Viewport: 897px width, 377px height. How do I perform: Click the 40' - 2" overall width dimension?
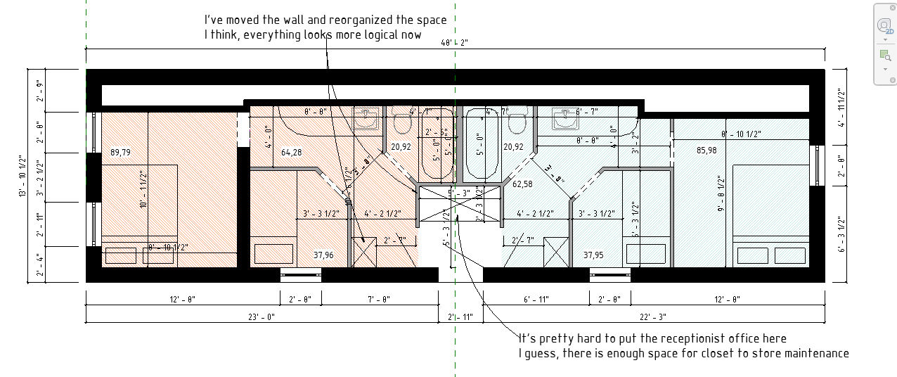(x=455, y=43)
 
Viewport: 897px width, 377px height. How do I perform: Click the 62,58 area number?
(x=522, y=184)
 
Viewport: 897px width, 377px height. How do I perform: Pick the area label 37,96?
(x=323, y=255)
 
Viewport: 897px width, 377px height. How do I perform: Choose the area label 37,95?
(x=594, y=255)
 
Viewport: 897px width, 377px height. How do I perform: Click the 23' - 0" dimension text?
(x=261, y=317)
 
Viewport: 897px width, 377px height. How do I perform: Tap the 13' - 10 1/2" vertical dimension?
(x=22, y=177)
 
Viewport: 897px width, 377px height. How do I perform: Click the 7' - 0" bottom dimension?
(x=379, y=300)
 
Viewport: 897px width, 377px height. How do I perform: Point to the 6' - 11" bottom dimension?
(x=536, y=300)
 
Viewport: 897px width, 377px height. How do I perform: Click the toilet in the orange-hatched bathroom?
(x=402, y=122)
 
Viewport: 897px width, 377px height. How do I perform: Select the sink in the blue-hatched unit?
(x=565, y=119)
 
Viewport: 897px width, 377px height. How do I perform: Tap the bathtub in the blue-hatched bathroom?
(x=482, y=145)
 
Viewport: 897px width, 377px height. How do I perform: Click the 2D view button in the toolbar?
(x=884, y=26)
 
